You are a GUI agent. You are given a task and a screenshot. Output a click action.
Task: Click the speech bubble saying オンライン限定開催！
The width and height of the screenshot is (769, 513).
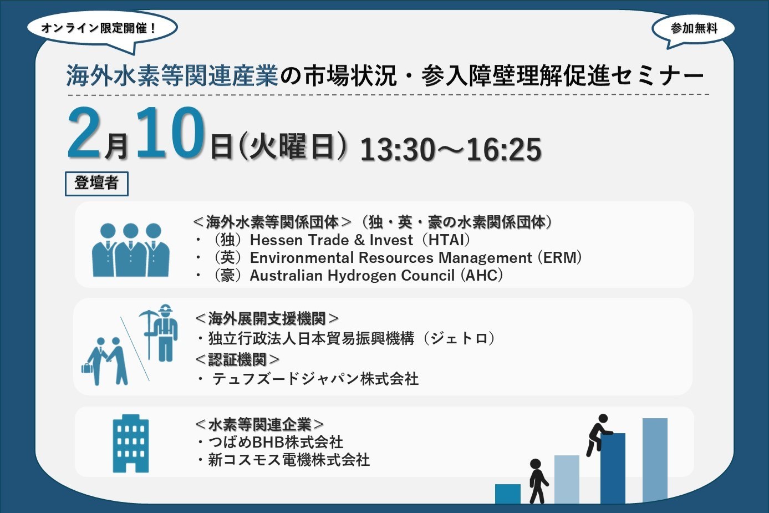(x=100, y=28)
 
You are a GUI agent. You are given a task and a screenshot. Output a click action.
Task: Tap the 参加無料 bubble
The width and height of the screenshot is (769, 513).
(x=694, y=28)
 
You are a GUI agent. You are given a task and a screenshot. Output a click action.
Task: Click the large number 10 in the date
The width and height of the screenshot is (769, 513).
(x=170, y=133)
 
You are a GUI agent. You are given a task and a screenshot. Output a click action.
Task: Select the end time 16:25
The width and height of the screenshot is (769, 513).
(x=504, y=150)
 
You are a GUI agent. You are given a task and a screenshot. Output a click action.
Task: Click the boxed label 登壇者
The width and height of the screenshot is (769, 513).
(x=96, y=183)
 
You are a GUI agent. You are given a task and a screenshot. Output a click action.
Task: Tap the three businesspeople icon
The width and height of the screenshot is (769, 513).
(x=131, y=250)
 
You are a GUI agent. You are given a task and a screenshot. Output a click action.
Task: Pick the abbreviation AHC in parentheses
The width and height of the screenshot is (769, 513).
(x=482, y=276)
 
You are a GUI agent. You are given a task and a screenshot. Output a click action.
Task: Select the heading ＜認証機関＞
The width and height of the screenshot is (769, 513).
(x=237, y=359)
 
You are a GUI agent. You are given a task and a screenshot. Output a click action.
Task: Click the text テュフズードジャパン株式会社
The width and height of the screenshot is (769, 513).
(x=315, y=379)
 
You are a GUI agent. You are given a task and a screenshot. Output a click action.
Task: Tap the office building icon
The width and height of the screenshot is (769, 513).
(x=131, y=444)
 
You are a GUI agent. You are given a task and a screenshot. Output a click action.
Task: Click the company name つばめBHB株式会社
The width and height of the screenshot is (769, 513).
(x=276, y=442)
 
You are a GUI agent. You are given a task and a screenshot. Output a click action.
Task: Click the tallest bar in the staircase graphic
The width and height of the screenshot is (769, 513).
(x=655, y=460)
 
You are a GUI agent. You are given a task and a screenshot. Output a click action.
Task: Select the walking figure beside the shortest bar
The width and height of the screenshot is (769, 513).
(x=536, y=480)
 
